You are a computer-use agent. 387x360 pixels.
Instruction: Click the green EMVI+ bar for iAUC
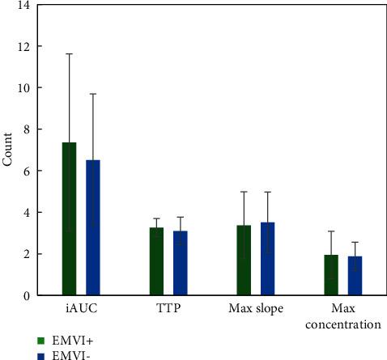point(69,218)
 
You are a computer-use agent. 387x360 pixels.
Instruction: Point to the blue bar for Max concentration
point(355,276)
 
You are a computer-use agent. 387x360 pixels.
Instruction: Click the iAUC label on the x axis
point(80,310)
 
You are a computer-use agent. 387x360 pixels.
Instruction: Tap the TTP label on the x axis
point(168,310)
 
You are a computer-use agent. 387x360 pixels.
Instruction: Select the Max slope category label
point(256,310)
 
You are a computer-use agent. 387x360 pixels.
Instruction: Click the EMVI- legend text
point(66,354)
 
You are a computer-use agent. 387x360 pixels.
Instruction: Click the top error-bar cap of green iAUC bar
point(69,53)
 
